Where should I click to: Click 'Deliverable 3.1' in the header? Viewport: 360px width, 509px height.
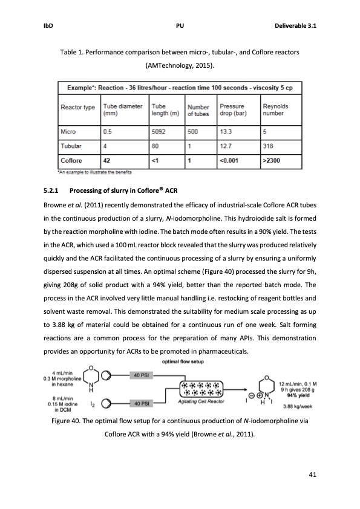(295, 26)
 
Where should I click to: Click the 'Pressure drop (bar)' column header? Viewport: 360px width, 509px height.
(232, 110)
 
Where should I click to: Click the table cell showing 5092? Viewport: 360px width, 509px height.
(162, 130)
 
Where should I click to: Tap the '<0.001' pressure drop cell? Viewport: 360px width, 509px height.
(231, 161)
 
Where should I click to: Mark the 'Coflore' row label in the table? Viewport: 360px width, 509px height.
(72, 161)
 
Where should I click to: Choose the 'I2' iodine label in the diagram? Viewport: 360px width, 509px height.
(91, 401)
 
